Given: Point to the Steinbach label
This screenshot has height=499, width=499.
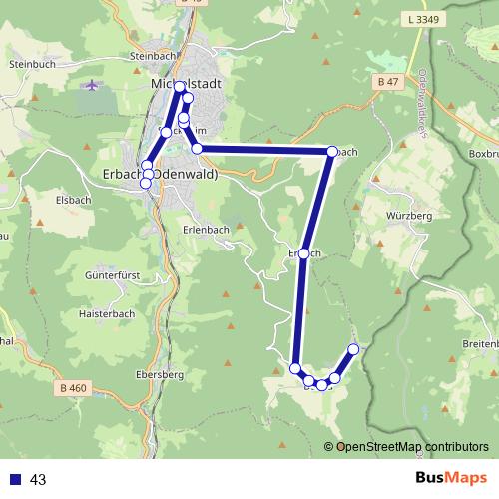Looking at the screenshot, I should click(x=152, y=57).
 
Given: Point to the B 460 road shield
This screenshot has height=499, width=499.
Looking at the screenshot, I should click(x=74, y=388).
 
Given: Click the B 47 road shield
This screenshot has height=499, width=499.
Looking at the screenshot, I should click(x=390, y=81).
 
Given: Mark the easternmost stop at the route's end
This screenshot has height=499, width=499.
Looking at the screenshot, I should click(x=353, y=349).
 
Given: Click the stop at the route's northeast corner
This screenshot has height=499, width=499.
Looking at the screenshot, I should click(x=332, y=152).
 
